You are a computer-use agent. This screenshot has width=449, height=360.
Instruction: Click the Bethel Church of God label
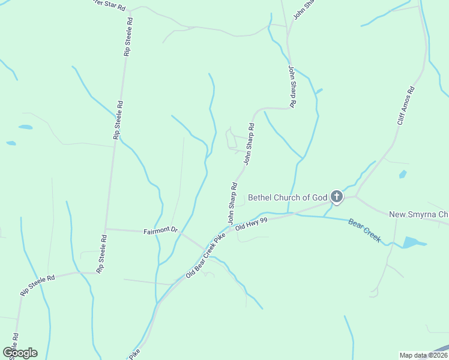[288, 197]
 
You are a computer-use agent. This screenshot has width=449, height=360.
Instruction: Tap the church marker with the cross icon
[337, 196]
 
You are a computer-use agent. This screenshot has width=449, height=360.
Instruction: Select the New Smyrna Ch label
[418, 215]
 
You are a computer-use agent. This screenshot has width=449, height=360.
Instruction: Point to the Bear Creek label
[365, 230]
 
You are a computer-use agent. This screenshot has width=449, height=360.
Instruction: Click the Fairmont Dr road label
[161, 230]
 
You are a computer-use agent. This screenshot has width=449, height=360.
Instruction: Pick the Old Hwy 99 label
[250, 224]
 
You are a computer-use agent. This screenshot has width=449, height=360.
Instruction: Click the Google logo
[20, 352]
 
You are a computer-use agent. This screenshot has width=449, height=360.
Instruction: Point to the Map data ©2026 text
[423, 355]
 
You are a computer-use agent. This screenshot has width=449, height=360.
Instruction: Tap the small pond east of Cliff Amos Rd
[403, 175]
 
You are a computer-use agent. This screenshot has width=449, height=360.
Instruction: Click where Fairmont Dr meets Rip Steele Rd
[106, 229]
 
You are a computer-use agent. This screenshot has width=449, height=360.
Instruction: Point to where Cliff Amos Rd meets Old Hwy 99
[355, 196]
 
